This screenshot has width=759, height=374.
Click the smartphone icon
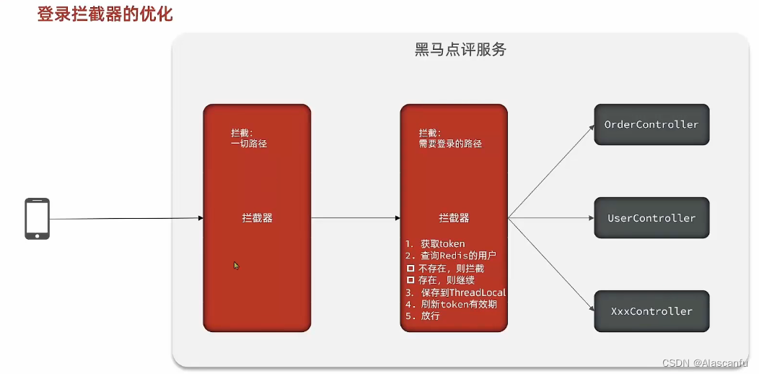[38, 218]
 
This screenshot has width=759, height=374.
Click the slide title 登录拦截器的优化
[105, 14]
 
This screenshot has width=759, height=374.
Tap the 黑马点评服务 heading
[460, 50]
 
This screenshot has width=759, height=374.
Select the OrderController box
[651, 124]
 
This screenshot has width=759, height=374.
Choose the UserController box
[651, 218]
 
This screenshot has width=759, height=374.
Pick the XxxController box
[651, 311]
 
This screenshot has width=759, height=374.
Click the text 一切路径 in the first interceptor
[249, 144]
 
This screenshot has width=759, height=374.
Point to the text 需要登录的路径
[450, 144]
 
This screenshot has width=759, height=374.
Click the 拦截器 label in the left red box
[257, 218]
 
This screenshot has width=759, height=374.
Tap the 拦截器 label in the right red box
[454, 218]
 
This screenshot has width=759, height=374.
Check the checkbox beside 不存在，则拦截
[411, 268]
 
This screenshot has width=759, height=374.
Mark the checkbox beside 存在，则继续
[411, 280]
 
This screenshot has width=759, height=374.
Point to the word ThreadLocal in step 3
[478, 292]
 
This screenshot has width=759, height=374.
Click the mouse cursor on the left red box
[236, 265]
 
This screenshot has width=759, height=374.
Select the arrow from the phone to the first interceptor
[126, 218]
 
